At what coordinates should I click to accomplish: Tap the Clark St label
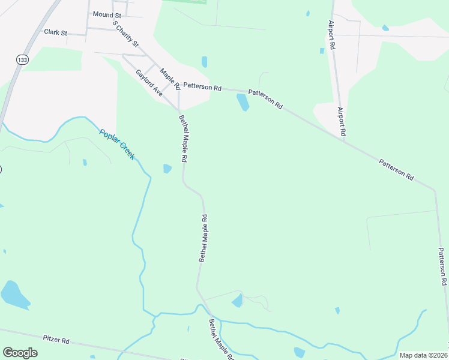click(x=55, y=32)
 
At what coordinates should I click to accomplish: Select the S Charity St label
click(x=126, y=35)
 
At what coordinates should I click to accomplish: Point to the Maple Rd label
click(x=170, y=79)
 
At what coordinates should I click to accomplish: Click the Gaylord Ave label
click(x=149, y=83)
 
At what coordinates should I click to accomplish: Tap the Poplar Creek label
click(x=117, y=145)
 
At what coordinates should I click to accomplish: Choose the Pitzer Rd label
click(x=56, y=340)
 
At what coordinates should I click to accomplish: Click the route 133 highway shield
click(x=22, y=60)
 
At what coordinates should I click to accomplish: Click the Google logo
click(x=20, y=353)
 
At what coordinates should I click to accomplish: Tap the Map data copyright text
click(x=423, y=355)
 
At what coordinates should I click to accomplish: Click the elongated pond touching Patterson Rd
click(x=243, y=102)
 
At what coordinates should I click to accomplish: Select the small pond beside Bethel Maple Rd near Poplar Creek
click(x=167, y=169)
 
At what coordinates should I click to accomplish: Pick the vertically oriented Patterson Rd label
click(x=442, y=266)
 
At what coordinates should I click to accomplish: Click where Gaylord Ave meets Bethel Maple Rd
click(x=178, y=110)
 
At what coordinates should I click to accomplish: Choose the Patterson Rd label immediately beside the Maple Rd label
click(x=202, y=86)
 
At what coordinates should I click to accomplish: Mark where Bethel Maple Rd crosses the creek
click(x=211, y=314)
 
